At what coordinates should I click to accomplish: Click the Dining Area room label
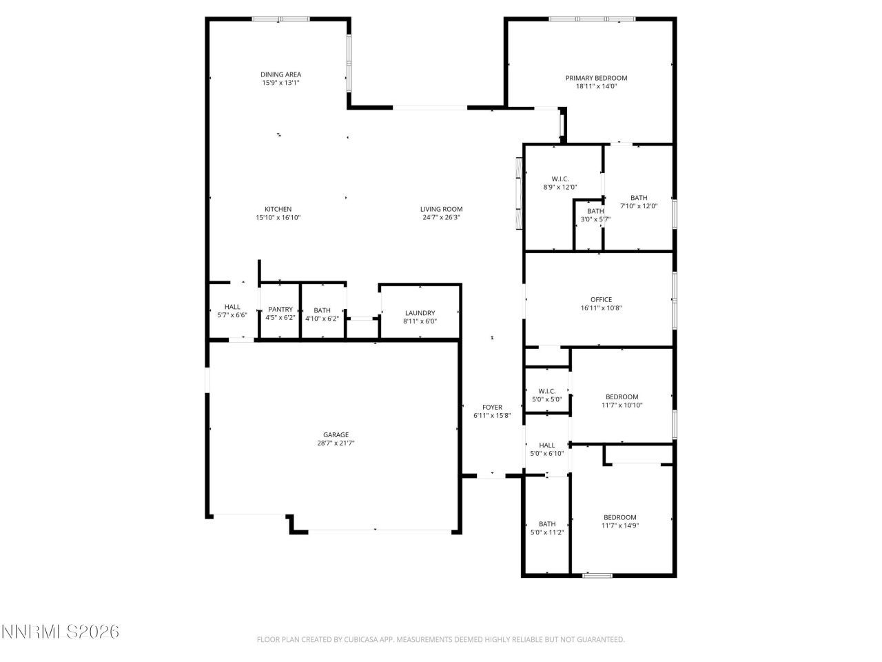[x=280, y=74]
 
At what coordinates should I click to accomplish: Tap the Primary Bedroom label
[x=596, y=78]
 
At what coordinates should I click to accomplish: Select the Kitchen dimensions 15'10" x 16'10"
[x=278, y=218]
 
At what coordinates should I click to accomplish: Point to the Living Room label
[x=441, y=209]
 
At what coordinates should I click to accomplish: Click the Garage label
[x=336, y=434]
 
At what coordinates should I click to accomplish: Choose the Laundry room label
[x=420, y=313]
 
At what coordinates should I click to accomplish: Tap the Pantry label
[x=280, y=310]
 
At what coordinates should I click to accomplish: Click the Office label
[x=600, y=300]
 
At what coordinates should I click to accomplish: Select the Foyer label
[x=491, y=408]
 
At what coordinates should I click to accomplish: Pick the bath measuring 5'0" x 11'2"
[x=547, y=528]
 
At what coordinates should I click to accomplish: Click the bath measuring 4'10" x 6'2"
[x=322, y=314]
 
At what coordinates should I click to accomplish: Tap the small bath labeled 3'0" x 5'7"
[x=595, y=215]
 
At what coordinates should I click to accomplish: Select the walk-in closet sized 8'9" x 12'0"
[x=560, y=183]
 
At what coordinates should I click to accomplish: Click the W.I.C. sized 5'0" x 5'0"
[x=546, y=395]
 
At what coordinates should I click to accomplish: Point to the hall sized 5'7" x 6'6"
[x=232, y=311]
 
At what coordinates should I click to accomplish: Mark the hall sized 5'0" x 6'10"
[x=546, y=449]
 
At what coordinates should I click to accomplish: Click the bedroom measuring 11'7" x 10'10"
[x=621, y=401]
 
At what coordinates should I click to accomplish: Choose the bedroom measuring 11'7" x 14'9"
[x=619, y=521]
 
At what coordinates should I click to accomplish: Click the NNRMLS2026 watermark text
[x=61, y=632]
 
